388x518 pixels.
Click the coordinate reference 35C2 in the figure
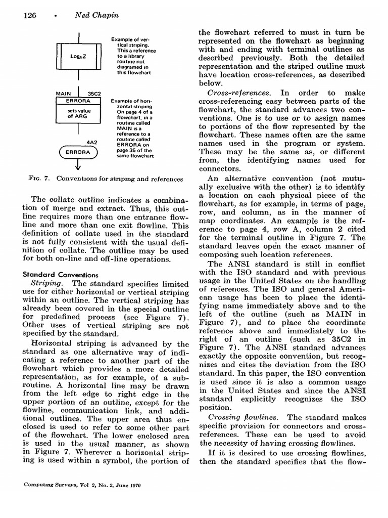coord(94,94)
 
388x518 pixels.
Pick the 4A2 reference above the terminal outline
coord(92,143)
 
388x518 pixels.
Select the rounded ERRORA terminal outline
coord(78,152)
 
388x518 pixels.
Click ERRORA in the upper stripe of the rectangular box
coord(78,101)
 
